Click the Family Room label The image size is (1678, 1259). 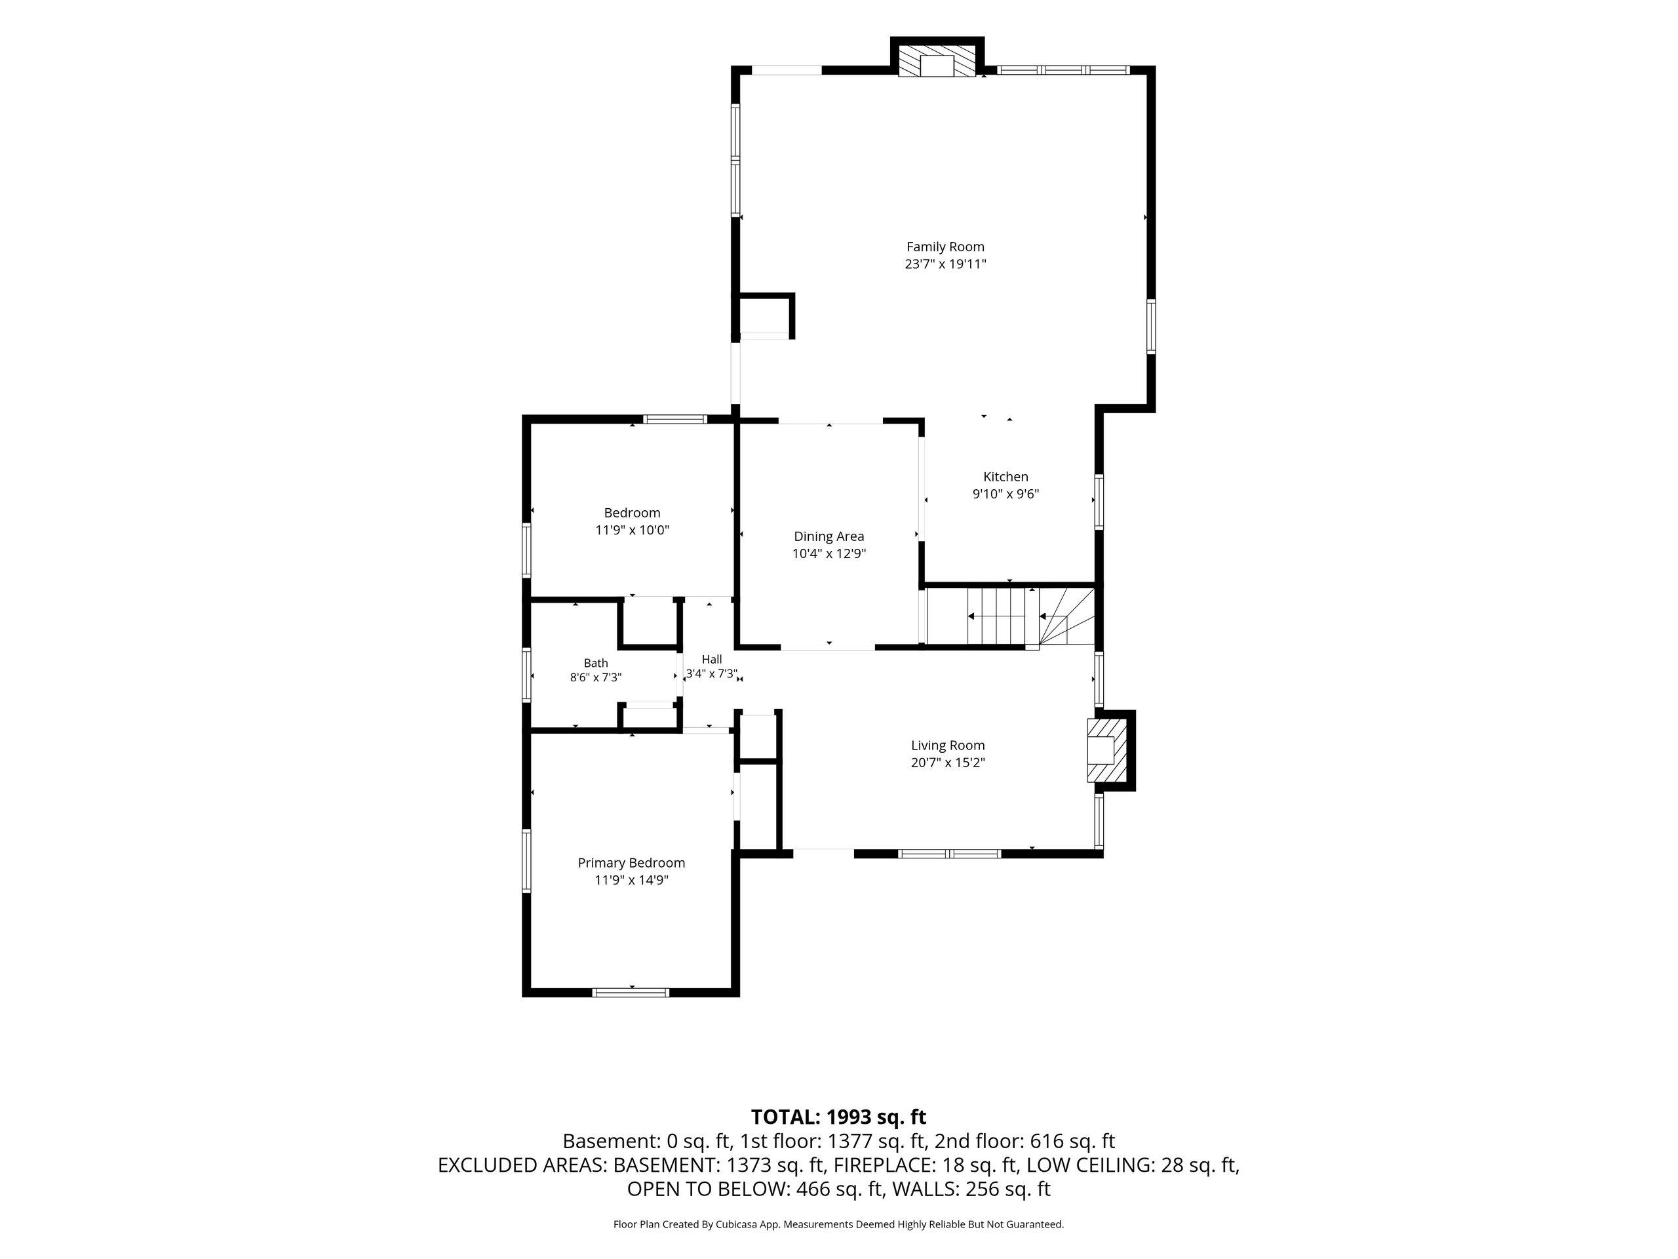tap(945, 247)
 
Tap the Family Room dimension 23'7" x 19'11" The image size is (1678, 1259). tap(945, 264)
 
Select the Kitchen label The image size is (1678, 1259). tap(1006, 477)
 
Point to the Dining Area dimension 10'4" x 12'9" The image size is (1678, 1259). tap(829, 554)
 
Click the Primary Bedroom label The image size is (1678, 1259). tap(631, 863)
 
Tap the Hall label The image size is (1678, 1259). tap(712, 660)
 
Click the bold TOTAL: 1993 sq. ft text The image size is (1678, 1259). tap(838, 1117)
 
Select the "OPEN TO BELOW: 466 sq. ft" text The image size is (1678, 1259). tap(756, 1189)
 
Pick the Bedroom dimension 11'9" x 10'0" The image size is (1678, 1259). tap(632, 530)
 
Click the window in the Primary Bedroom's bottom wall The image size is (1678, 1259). tap(631, 992)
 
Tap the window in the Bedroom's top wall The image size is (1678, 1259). tap(675, 419)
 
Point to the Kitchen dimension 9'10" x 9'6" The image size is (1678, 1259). tap(1006, 494)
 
